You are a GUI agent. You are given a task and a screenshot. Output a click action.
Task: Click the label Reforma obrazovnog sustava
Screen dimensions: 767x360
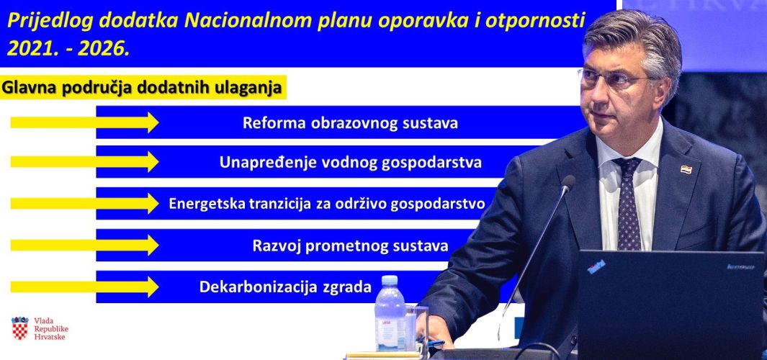tap(350, 123)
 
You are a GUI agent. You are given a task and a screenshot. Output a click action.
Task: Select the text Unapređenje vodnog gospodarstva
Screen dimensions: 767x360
tap(350, 163)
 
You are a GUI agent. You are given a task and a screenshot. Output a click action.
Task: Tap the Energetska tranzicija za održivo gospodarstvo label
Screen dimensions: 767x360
tap(327, 204)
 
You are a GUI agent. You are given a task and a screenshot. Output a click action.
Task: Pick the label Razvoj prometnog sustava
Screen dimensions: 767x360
tap(350, 245)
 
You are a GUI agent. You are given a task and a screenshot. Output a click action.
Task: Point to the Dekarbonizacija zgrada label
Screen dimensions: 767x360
tap(285, 287)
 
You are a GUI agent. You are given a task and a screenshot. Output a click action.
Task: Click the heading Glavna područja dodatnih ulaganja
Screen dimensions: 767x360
tap(142, 88)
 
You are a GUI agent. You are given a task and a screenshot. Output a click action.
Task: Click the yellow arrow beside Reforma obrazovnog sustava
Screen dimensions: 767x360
tap(85, 122)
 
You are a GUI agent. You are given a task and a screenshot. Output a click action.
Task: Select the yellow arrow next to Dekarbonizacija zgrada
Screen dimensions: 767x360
tap(85, 287)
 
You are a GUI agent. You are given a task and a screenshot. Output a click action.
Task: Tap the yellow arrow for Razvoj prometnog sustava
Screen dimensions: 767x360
tap(85, 245)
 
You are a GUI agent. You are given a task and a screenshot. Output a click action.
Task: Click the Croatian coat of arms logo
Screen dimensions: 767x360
tap(20, 328)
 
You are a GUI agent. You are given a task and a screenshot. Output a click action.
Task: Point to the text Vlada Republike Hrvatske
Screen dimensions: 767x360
tap(51, 329)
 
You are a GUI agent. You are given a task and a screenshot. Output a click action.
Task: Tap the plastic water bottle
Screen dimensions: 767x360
tap(390, 313)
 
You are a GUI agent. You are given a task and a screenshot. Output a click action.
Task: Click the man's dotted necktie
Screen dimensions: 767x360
tap(628, 202)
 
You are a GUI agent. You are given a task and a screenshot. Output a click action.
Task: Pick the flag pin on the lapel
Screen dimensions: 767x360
tap(686, 170)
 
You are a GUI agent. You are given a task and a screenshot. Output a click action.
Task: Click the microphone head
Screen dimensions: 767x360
tap(568, 183)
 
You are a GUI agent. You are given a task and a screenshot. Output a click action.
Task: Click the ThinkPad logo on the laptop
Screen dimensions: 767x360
tap(596, 266)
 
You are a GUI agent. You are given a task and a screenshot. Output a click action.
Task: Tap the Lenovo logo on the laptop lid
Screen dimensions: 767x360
tap(740, 266)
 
